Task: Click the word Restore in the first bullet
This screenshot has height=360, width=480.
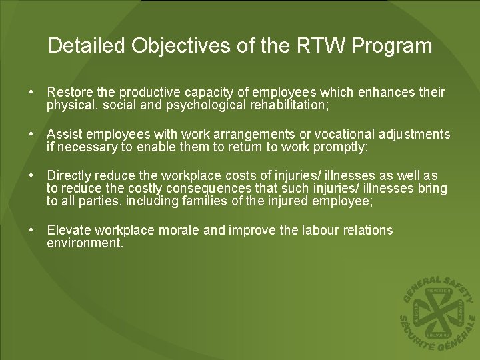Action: (x=69, y=92)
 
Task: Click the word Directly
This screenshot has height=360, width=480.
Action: (x=69, y=176)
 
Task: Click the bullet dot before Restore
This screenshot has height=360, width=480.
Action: (x=31, y=92)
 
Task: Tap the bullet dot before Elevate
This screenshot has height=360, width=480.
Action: (x=31, y=231)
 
